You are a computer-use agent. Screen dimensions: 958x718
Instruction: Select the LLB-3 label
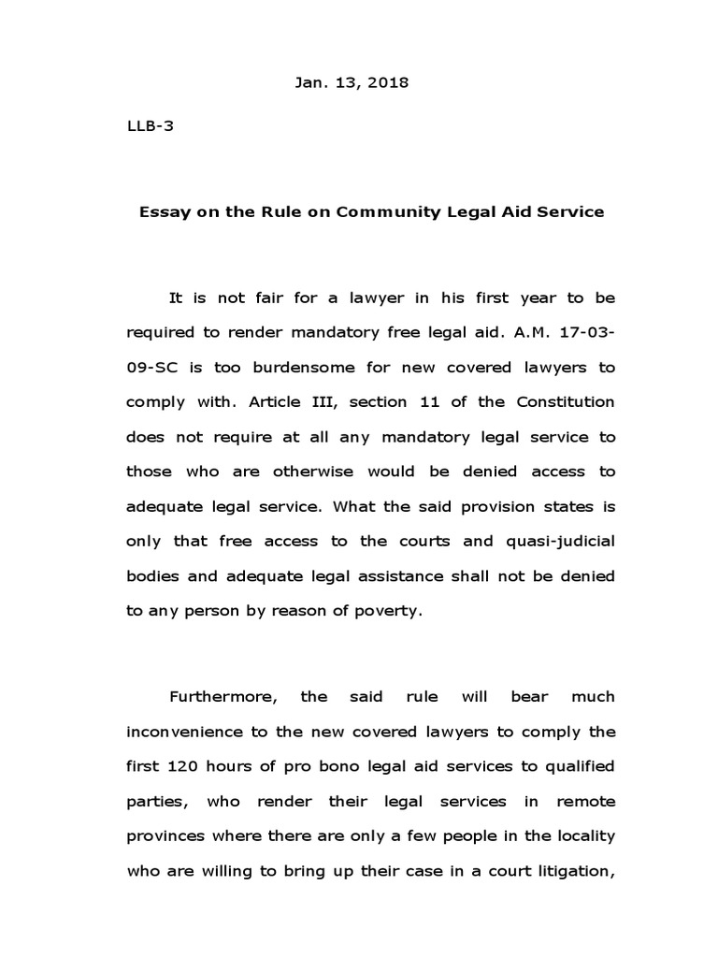click(150, 128)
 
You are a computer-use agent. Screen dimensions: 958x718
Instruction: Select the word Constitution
click(565, 402)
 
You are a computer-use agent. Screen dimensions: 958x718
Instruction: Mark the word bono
click(308, 766)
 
